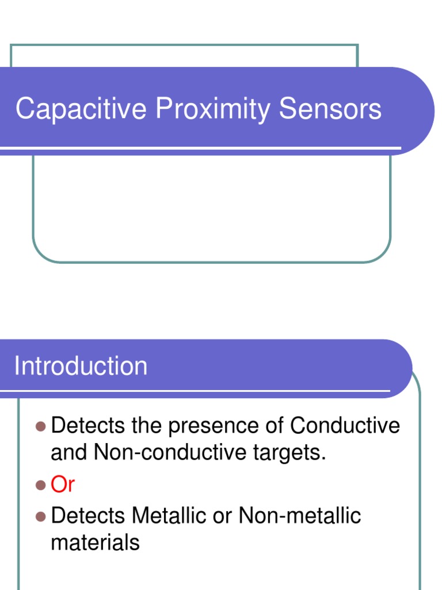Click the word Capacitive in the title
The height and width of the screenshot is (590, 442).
coord(81,109)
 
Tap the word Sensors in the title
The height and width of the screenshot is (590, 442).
coord(330,109)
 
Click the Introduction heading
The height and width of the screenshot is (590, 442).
coord(81,366)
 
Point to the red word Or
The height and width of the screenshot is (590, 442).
coord(63,485)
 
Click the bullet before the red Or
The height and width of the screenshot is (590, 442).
coord(40,485)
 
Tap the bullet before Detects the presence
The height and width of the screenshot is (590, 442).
coord(40,426)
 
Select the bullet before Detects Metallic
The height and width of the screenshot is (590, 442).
coord(40,516)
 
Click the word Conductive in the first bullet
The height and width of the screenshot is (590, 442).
coord(345,426)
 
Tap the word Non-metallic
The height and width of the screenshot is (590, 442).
coord(299,515)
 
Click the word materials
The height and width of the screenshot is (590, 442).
coord(95,542)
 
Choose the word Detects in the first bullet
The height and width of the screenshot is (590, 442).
coord(88,426)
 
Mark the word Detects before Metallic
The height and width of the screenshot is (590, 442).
coord(88,515)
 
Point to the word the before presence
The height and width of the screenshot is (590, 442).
coord(147,426)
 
